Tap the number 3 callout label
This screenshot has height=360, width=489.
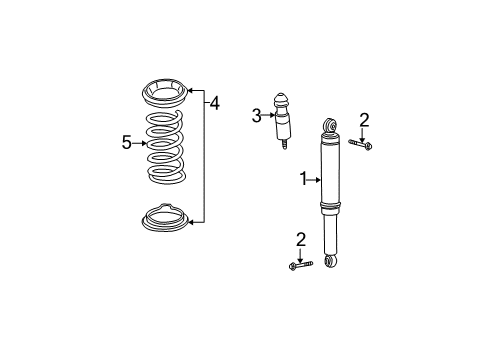click(256, 116)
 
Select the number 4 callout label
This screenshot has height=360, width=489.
click(213, 101)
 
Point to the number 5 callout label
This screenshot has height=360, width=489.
click(127, 143)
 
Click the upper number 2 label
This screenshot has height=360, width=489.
click(364, 121)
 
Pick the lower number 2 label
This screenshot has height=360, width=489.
click(299, 239)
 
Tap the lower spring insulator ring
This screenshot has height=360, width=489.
click(164, 218)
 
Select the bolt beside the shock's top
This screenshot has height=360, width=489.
click(363, 146)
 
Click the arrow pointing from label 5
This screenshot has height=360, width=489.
click(140, 143)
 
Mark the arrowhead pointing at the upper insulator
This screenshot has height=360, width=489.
click(191, 89)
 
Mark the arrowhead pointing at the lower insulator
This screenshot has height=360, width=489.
click(191, 220)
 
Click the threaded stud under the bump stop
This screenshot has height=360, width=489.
click(285, 146)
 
